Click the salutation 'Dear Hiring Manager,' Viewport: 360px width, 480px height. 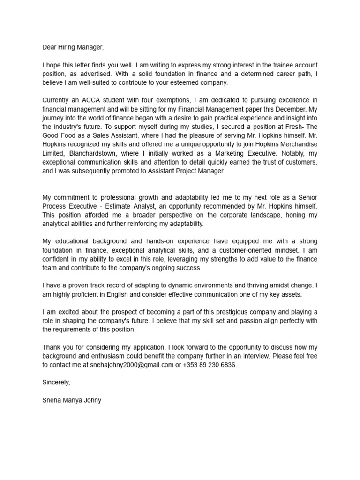coord(72,47)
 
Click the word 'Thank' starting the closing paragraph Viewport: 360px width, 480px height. coord(52,347)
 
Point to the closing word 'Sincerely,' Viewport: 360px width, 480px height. coord(56,382)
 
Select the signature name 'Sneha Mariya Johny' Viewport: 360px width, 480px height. coord(71,400)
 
